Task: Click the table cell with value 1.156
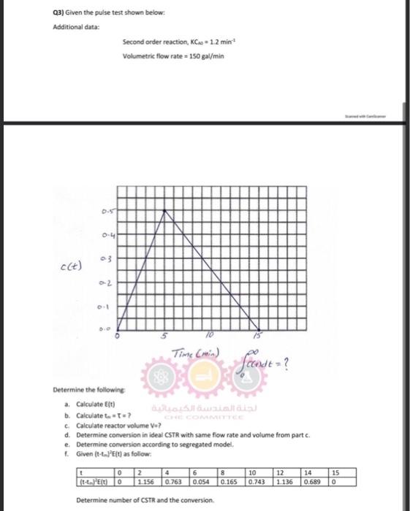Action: click(151, 483)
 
